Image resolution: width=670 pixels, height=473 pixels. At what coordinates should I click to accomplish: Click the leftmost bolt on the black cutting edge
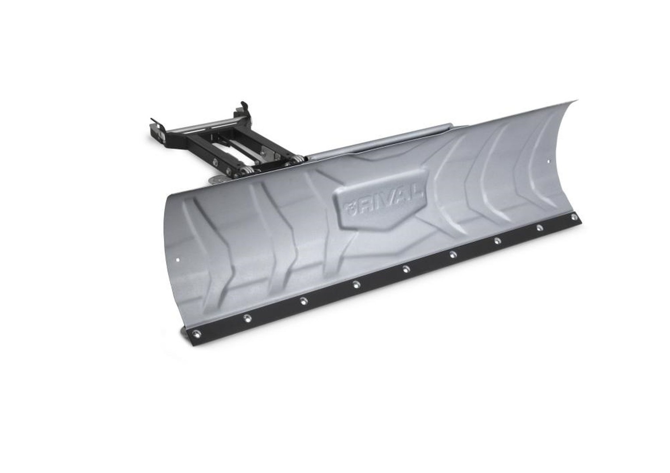[196, 332]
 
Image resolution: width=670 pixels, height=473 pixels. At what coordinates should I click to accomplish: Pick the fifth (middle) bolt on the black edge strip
[406, 269]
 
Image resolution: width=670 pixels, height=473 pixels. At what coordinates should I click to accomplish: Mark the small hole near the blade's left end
[179, 260]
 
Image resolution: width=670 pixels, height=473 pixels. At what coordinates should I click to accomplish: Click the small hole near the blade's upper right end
[549, 161]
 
